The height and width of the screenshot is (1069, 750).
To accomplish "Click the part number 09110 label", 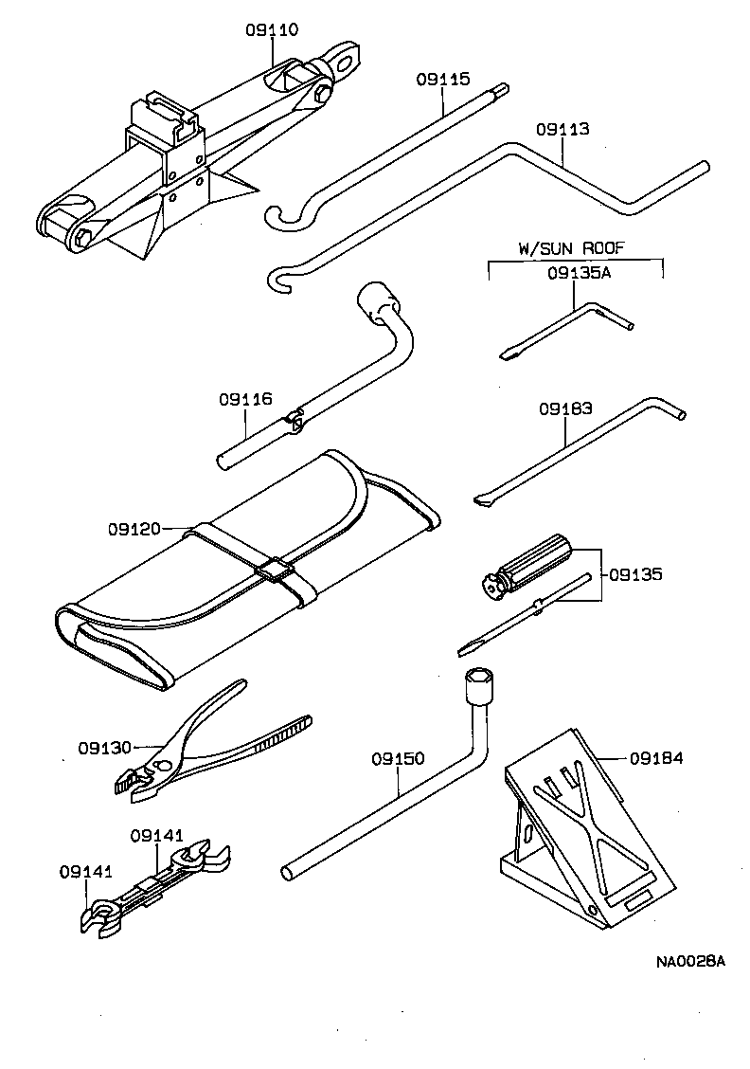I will coord(273,30).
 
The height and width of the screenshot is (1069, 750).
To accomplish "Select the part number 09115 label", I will coord(442,81).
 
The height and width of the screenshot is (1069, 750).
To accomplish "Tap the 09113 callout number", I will coord(562,129).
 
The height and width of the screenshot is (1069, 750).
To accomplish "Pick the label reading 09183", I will coord(565,409).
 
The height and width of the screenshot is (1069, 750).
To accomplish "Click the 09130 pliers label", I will coord(105,747).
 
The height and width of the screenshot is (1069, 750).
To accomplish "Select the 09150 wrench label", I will coord(398,759).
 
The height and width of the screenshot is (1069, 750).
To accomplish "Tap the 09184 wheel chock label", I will coord(656,757).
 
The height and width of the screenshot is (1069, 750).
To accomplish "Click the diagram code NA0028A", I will coord(690,962).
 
